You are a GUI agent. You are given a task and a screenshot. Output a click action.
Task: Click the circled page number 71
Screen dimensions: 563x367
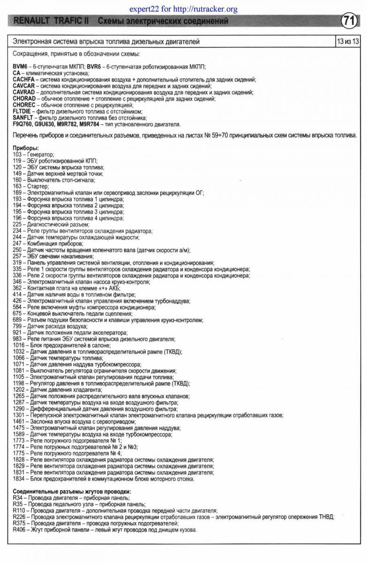[x=348, y=21]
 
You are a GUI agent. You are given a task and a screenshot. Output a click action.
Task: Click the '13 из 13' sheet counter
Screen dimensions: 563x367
[x=348, y=42]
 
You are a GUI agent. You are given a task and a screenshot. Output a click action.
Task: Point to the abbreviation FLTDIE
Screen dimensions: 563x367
[x=22, y=112]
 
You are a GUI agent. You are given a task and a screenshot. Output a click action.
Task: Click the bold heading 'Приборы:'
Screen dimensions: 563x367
[x=26, y=148]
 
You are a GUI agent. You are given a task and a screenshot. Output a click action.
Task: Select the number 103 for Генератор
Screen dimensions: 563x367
[x=17, y=154]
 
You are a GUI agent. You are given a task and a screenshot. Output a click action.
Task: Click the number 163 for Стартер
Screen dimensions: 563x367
[x=17, y=186]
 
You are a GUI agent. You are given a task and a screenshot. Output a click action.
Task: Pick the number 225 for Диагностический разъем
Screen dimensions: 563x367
[x=17, y=225]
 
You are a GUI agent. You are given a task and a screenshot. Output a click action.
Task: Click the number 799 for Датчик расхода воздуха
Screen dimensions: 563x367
[x=17, y=326]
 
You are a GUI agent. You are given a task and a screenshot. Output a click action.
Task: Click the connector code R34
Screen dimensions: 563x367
[x=17, y=497]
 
